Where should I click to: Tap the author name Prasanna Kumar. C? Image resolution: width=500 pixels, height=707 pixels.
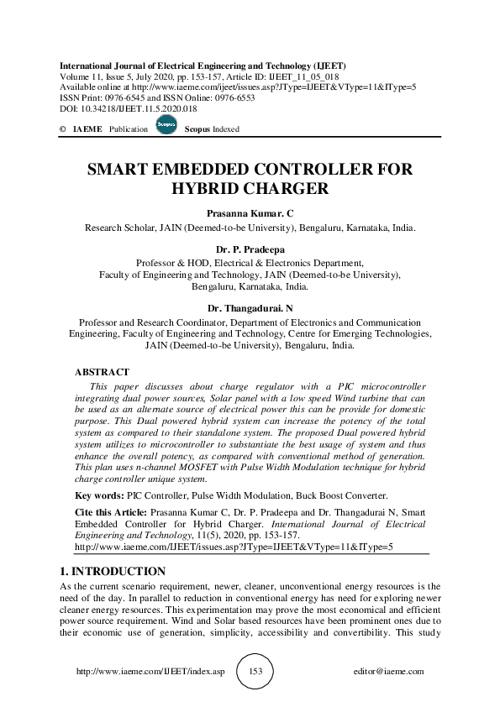pyautogui.click(x=250, y=213)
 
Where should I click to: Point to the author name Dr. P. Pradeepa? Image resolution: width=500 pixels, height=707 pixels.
pyautogui.click(x=250, y=249)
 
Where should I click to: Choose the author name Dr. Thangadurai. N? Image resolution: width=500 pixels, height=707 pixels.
pyautogui.click(x=250, y=307)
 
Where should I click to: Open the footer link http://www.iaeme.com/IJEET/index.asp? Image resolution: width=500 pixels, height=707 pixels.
pyautogui.click(x=150, y=672)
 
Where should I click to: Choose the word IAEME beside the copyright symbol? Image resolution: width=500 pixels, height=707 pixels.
pyautogui.click(x=87, y=129)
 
